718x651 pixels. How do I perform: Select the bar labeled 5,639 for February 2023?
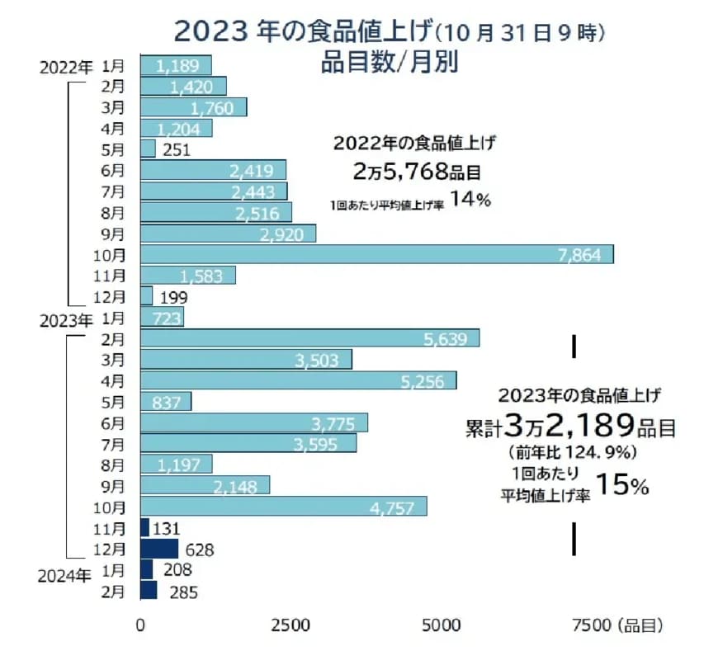(309, 338)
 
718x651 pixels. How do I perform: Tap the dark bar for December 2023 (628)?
(159, 549)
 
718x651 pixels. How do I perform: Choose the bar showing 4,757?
(283, 506)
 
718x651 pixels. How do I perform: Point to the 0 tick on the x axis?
(141, 625)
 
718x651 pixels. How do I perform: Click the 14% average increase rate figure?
(471, 201)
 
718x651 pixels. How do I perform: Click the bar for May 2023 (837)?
(166, 401)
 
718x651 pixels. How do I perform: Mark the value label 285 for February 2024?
(183, 592)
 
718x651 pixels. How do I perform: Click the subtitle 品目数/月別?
(389, 62)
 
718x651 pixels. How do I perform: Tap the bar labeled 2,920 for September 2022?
(228, 234)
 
